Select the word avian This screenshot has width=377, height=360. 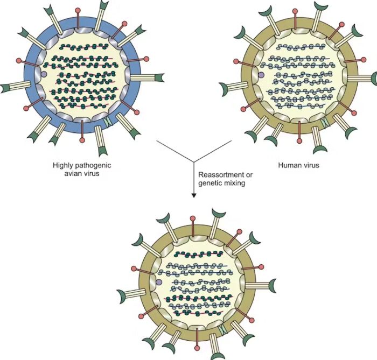point(72,173)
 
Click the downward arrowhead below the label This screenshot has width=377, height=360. point(194,196)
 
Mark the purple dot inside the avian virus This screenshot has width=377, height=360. point(43,74)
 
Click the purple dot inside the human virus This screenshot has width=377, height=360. point(261,75)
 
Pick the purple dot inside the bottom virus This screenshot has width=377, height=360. point(159,282)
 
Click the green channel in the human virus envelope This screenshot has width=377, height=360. point(325,122)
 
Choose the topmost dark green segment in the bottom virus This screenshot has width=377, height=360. point(199,254)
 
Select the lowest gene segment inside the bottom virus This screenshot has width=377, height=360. point(199,313)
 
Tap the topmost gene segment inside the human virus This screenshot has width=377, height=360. point(301,47)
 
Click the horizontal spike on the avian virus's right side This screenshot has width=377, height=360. point(147,77)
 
